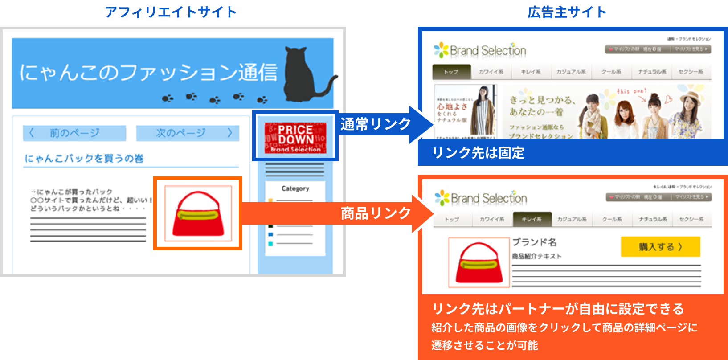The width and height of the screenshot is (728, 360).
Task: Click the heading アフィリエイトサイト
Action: point(171,12)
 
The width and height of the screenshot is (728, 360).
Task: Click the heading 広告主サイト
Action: point(567,12)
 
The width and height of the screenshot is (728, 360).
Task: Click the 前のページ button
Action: point(74,133)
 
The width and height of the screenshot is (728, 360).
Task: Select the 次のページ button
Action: point(188,133)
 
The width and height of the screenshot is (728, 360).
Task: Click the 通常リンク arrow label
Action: point(375,124)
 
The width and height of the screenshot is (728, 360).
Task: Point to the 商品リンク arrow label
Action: point(375,213)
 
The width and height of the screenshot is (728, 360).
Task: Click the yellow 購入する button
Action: point(660,247)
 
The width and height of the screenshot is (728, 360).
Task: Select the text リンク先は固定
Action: point(478,153)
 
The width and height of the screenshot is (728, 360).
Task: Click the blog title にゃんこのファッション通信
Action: point(148,73)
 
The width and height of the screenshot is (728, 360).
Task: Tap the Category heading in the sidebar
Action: point(295,188)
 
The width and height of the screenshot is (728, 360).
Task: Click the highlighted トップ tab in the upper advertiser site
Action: point(451,72)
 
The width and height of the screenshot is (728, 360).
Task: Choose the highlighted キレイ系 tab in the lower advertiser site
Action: point(532,219)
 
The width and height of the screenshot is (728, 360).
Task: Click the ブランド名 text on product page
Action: point(534,242)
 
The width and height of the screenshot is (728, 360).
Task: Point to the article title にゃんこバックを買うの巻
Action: point(84,159)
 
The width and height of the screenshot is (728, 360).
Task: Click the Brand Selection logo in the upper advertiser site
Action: point(480,50)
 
